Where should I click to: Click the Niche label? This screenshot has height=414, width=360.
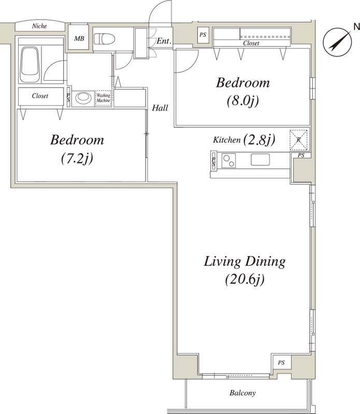(x=39, y=26)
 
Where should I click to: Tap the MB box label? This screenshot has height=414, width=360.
(x=79, y=38)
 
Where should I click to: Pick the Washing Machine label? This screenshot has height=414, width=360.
(x=103, y=98)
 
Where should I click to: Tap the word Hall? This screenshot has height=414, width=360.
(x=160, y=108)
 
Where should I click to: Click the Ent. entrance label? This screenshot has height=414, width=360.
(x=164, y=41)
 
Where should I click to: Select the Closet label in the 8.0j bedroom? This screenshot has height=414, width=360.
(x=251, y=44)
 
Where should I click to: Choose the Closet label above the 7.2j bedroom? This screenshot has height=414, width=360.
(x=40, y=96)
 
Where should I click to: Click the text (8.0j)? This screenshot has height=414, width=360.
(x=243, y=101)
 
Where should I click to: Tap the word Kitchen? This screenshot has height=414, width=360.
(x=227, y=140)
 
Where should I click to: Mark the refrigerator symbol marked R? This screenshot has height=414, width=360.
(x=298, y=139)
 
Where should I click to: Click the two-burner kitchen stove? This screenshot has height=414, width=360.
(x=229, y=160)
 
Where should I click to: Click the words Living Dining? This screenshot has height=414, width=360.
(x=244, y=261)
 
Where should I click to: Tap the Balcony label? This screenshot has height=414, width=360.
(x=242, y=393)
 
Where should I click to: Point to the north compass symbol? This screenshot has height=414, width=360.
(x=336, y=42)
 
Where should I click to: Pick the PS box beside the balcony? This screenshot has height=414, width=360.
(x=281, y=363)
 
